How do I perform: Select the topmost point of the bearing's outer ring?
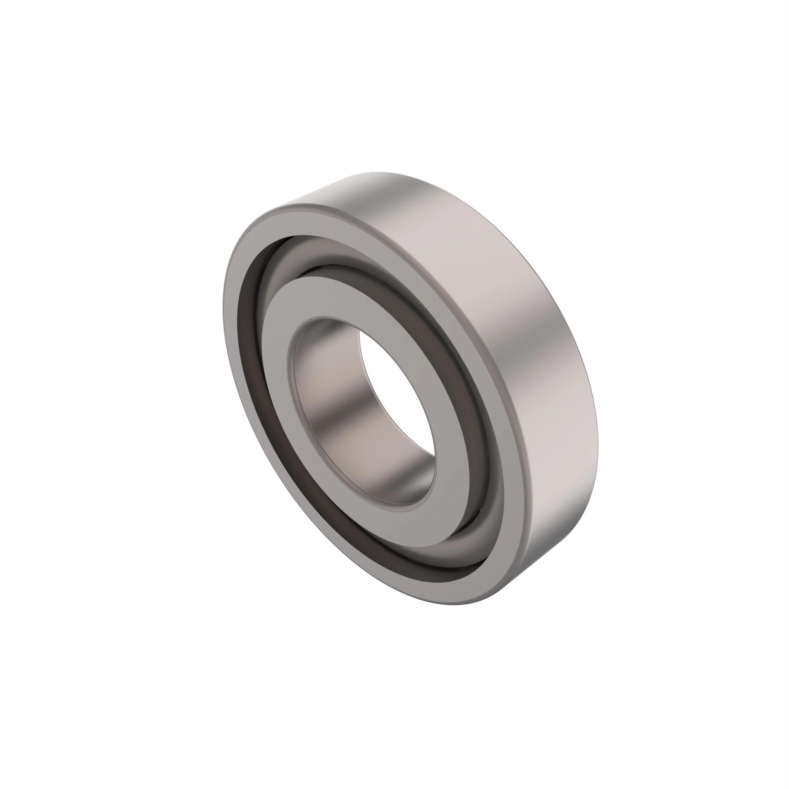click(376, 172)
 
